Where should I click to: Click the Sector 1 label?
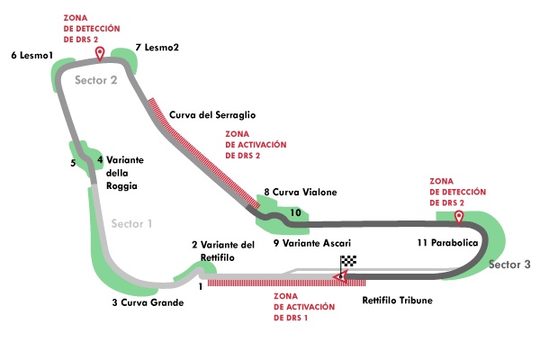point(131,223)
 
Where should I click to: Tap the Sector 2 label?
point(95,80)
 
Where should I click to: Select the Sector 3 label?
point(509,265)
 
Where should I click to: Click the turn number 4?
point(100,160)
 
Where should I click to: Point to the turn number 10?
point(295,213)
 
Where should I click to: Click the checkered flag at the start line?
point(348,262)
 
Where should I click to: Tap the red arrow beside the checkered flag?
point(339,276)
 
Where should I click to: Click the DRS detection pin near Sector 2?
point(99,53)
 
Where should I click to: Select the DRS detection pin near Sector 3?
point(458,217)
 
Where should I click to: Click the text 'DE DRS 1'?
point(290,318)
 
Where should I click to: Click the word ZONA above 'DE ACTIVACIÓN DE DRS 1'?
point(285,295)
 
